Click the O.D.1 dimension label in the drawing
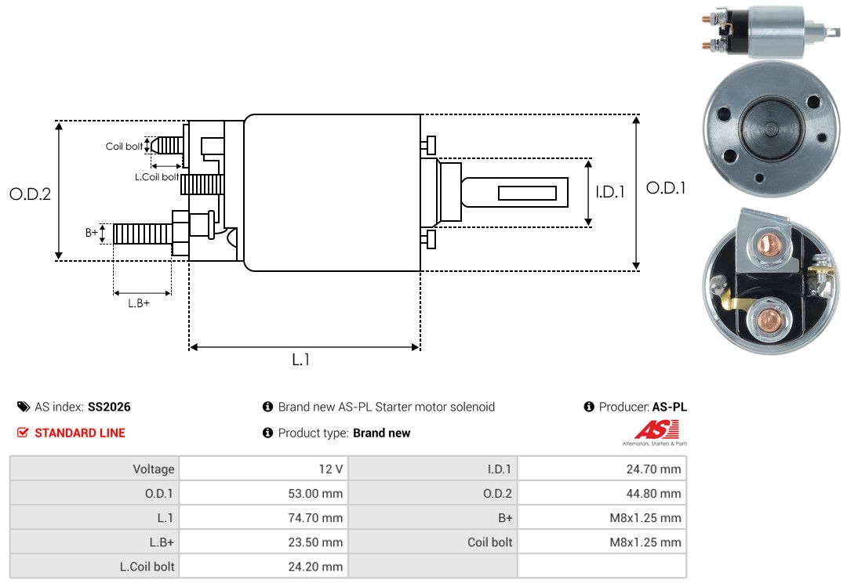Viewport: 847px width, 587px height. pyautogui.click(x=666, y=188)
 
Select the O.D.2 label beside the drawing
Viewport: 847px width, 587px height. pyautogui.click(x=31, y=194)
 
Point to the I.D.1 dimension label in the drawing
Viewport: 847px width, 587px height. pyautogui.click(x=610, y=192)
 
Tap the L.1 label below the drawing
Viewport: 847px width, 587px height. pyautogui.click(x=301, y=360)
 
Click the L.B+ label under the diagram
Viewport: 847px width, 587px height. pyautogui.click(x=139, y=303)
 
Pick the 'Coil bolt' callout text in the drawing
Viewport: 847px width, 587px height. pyautogui.click(x=124, y=147)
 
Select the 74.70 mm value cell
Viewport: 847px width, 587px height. pyautogui.click(x=315, y=518)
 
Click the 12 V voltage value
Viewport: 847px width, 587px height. pyautogui.click(x=331, y=469)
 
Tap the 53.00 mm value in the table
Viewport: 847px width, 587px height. pyautogui.click(x=315, y=494)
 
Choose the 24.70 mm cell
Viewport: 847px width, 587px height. pyautogui.click(x=653, y=469)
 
